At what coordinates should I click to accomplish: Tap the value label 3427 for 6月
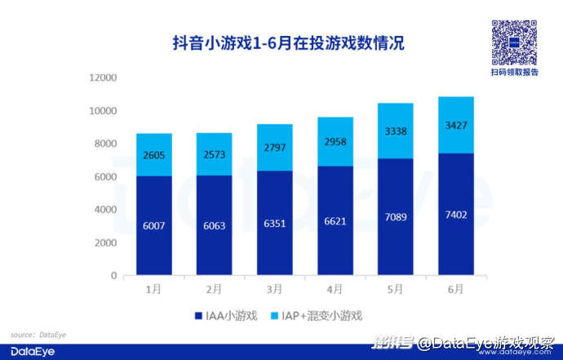454,125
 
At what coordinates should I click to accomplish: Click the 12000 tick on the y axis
104,78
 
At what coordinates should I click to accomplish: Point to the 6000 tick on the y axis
107,177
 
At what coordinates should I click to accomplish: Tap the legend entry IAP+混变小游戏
317,314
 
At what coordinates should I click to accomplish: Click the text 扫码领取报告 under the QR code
514,73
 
